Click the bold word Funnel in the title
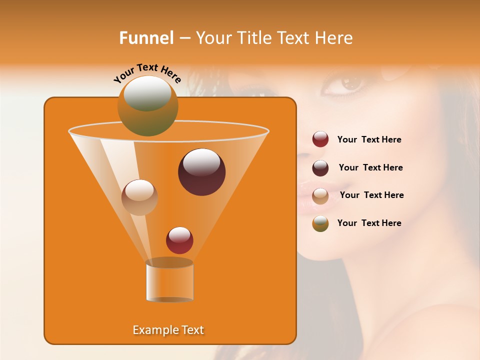click(x=146, y=38)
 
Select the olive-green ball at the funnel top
click(x=147, y=105)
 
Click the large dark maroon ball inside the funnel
click(x=201, y=172)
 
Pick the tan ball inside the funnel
click(x=139, y=197)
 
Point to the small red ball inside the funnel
click(x=179, y=240)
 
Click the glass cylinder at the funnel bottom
click(x=169, y=282)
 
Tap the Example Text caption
click(x=168, y=330)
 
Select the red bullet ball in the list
click(x=320, y=139)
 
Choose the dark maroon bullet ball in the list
click(x=320, y=168)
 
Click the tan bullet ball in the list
click(x=320, y=196)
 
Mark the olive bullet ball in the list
click(x=320, y=223)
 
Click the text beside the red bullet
click(x=369, y=139)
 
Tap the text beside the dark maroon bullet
click(x=370, y=167)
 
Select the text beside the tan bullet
click(x=371, y=195)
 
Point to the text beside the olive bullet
click(x=369, y=223)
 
